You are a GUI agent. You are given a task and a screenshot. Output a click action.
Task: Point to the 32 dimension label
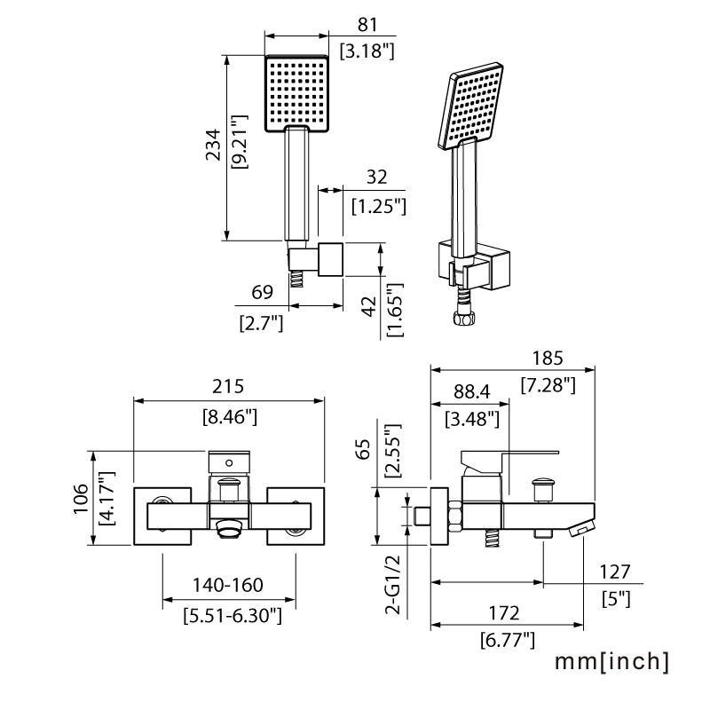(377, 177)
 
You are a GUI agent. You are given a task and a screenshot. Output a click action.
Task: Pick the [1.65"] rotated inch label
(394, 310)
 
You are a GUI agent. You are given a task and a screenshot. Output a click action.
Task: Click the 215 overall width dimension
(229, 387)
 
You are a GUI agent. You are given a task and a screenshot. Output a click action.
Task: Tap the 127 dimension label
(613, 572)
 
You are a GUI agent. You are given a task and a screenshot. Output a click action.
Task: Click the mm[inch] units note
(611, 661)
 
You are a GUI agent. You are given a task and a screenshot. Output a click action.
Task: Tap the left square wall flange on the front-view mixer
(162, 516)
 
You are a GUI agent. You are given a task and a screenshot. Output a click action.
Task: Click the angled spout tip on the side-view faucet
(578, 529)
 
